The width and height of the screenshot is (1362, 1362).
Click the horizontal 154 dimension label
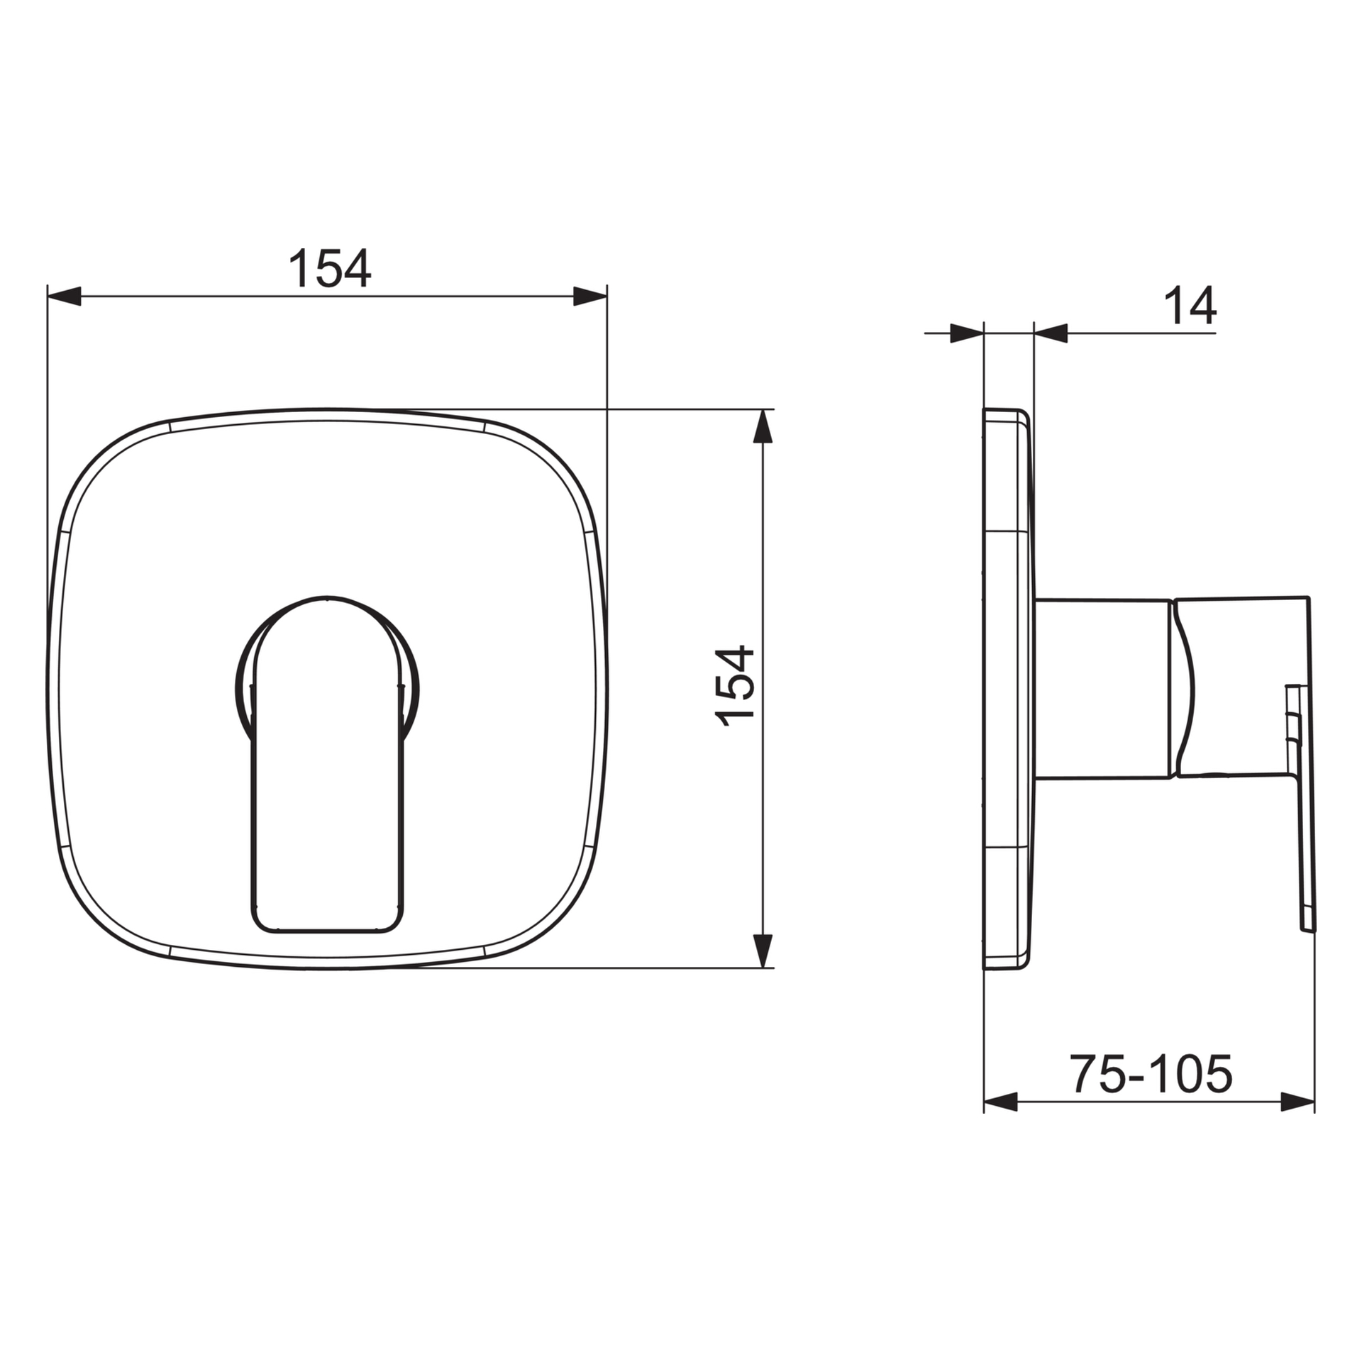pos(329,268)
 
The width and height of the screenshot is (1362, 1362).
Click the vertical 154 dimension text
pos(735,686)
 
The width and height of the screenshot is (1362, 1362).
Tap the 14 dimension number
pos(1190,306)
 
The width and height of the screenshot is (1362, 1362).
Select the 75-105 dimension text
pos(1151,1093)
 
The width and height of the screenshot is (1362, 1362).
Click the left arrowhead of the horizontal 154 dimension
pos(65,297)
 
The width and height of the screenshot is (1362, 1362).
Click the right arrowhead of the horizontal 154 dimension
pos(589,297)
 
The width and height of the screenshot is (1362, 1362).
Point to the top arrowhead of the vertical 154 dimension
pos(762,427)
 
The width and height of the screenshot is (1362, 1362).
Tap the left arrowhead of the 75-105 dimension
pos(1001,1122)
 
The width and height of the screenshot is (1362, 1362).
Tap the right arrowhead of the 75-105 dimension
pos(1297,1122)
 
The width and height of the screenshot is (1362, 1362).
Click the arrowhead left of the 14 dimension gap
pos(966,333)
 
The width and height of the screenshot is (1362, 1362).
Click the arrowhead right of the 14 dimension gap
pos(1051,333)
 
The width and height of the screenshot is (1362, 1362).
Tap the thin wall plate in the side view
pos(1007,688)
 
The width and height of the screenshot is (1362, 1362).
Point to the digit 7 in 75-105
pos(1084,1093)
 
